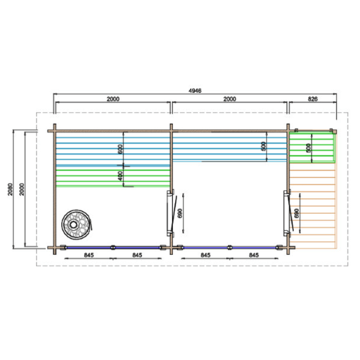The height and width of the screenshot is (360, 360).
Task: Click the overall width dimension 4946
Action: [195, 91]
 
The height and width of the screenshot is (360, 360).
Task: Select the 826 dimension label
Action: [312, 99]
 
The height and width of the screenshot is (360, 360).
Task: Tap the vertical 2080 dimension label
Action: [10, 189]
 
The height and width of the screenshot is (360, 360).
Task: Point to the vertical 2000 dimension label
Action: [22, 189]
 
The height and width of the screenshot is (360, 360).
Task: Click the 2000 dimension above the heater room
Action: [113, 99]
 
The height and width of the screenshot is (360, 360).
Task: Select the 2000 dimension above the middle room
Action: [230, 99]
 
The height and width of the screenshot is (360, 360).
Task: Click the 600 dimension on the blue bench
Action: [120, 149]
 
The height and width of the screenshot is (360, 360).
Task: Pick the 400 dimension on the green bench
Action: [120, 176]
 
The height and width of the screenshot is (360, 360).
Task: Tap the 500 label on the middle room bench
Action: [264, 146]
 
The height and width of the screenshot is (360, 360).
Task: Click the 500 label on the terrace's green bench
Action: [308, 148]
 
